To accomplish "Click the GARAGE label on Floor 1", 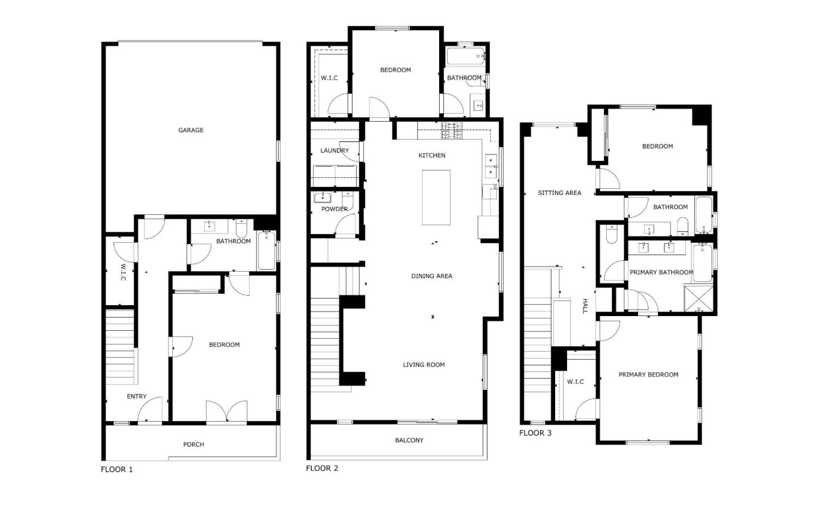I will click(191, 130).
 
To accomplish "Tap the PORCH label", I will click(193, 444).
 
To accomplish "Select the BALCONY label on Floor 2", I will click(409, 440).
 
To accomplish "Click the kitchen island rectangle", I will click(436, 197).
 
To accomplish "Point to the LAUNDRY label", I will click(334, 151).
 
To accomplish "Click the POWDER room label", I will click(334, 209).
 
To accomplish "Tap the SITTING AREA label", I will click(559, 193).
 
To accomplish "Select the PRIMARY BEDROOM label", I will click(648, 375).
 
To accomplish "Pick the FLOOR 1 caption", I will click(117, 470).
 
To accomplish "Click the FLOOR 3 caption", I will click(535, 433).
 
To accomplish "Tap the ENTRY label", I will click(136, 396).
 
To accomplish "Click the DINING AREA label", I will click(432, 276).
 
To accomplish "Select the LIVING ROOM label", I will click(424, 365).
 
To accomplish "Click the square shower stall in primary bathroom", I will click(698, 298).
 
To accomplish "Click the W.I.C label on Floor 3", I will click(575, 381).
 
